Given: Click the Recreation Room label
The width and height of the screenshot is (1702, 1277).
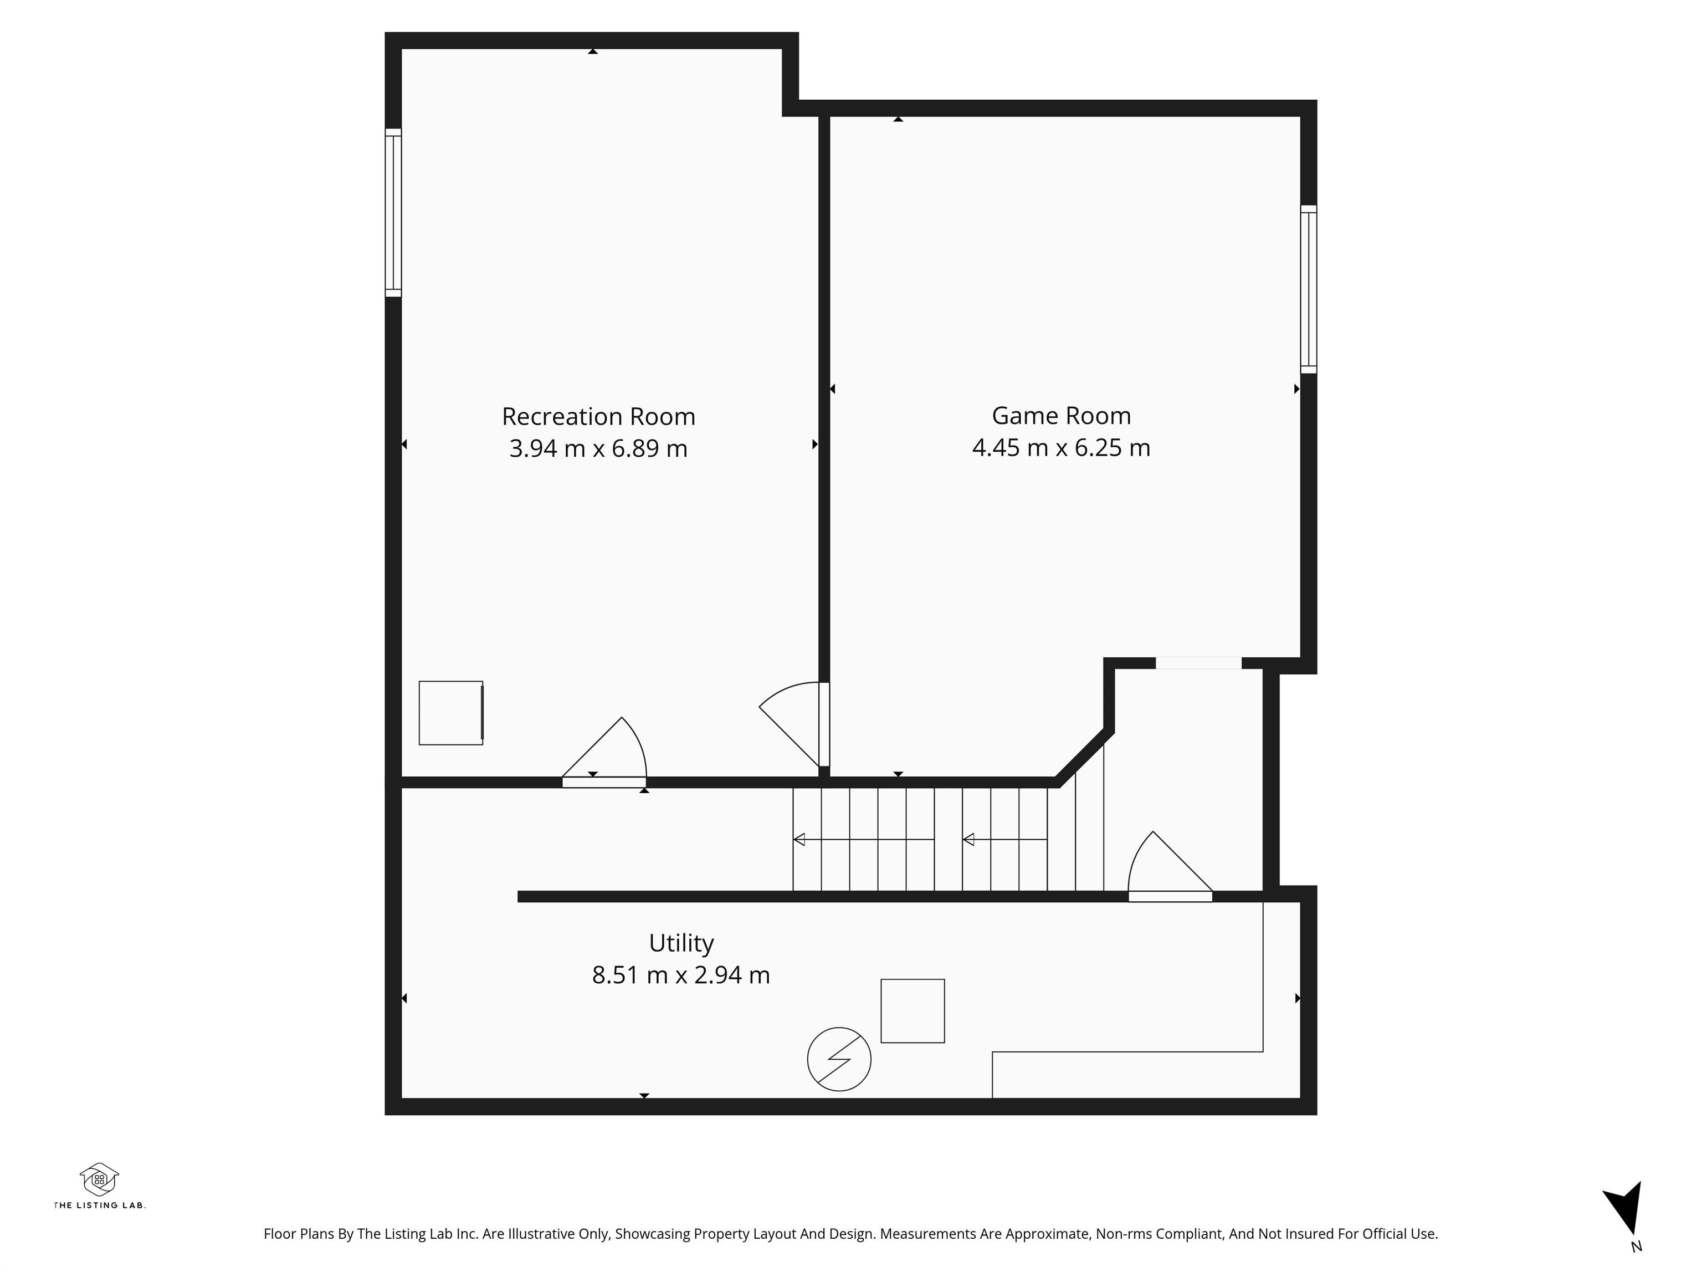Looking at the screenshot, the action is [x=598, y=416].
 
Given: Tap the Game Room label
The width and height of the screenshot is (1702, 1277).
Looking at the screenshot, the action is [x=1061, y=416].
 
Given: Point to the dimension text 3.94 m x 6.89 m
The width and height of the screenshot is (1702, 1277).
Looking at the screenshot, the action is [x=598, y=448].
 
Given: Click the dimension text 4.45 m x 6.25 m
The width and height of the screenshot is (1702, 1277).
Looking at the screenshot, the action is [x=1061, y=447].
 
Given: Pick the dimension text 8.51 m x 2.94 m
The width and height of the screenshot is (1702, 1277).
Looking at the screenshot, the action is [x=681, y=975].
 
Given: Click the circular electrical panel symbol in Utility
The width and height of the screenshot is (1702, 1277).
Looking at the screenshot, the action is [x=839, y=1059].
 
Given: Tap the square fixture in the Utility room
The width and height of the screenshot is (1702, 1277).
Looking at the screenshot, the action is [x=912, y=1010].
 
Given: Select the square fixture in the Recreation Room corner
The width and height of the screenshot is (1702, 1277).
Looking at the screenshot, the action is [x=451, y=713].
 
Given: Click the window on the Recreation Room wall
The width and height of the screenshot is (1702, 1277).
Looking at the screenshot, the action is [x=393, y=212].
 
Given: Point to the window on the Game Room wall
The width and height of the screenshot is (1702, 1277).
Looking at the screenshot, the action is [x=1309, y=289].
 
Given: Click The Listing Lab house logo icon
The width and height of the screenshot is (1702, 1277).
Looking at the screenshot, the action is [x=99, y=1179].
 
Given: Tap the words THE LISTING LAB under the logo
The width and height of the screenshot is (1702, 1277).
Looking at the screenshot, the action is [x=99, y=1204].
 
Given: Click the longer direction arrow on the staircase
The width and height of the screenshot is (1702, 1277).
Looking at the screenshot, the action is [x=864, y=839].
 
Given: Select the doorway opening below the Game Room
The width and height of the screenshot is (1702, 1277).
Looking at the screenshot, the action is [x=1198, y=663].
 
